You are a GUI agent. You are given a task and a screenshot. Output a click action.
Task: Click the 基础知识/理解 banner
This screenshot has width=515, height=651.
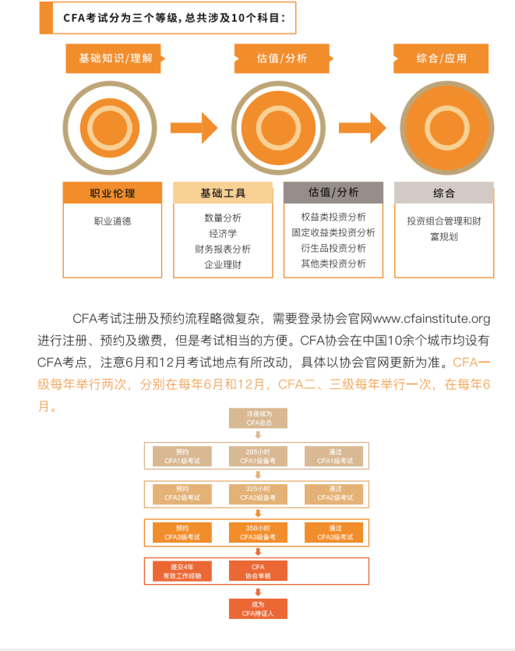pos(116,58)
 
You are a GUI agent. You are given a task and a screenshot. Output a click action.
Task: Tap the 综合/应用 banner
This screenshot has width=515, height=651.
pos(441,58)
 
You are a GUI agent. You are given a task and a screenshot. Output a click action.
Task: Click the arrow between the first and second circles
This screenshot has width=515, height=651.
pos(193,126)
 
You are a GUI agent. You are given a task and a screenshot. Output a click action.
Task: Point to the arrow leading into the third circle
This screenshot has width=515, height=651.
pos(362,126)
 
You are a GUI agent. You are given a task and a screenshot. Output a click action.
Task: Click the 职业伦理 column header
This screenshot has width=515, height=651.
pos(112,193)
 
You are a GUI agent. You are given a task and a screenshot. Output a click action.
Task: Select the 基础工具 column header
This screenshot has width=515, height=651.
pos(223,193)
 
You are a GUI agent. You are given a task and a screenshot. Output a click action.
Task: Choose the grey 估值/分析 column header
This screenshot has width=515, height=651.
pos(333,193)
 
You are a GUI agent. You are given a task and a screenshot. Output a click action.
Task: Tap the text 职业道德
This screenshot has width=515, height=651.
pos(112,221)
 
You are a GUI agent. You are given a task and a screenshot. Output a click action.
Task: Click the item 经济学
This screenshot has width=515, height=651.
pos(223,233)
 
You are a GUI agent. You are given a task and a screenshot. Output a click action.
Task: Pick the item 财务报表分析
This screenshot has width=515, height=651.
pos(223,249)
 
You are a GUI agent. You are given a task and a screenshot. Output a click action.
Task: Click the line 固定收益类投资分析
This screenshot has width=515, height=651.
pos(333,232)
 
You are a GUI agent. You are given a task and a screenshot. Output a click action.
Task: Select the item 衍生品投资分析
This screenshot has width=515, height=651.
pos(333,248)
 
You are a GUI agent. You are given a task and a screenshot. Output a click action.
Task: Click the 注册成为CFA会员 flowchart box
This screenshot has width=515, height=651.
pos(257,418)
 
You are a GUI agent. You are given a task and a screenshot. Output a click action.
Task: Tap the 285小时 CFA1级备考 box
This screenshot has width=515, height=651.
pos(257,456)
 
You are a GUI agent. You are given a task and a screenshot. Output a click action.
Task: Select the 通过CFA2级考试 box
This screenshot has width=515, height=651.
pos(333,494)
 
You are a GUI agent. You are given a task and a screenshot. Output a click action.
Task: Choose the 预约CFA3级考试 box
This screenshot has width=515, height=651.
pos(182,532)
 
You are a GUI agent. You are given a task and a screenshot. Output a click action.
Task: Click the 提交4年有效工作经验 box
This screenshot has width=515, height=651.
pos(182,571)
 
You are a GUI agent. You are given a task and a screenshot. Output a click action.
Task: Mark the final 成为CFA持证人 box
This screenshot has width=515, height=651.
pos(257,609)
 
